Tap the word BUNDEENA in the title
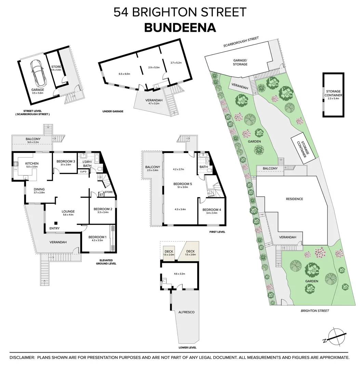pyautogui.click(x=180, y=27)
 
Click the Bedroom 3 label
pyautogui.click(x=66, y=161)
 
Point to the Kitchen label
pyautogui.click(x=32, y=164)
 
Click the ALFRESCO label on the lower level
pyautogui.click(x=186, y=312)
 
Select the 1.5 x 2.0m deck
pyautogui.click(x=169, y=253)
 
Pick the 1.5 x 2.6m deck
pyautogui.click(x=190, y=253)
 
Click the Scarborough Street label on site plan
pyautogui.click(x=241, y=42)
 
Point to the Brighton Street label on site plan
pyautogui.click(x=315, y=311)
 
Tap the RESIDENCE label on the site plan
pyautogui.click(x=294, y=199)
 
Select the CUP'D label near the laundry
pyautogui.click(x=83, y=172)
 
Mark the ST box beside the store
pyautogui.click(x=101, y=195)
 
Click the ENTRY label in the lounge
pyautogui.click(x=54, y=229)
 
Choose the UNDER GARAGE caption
pyautogui.click(x=113, y=111)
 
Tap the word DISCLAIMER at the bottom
pyautogui.click(x=22, y=357)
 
